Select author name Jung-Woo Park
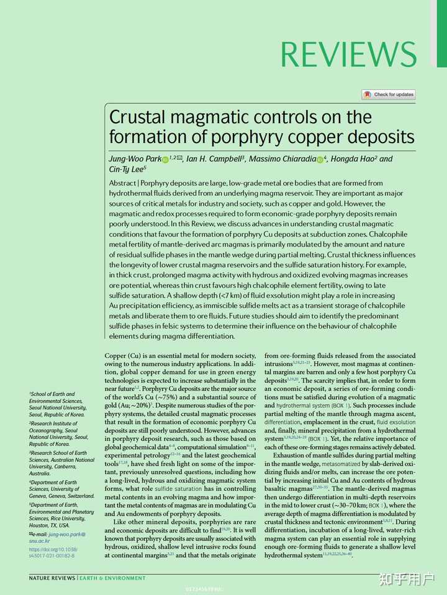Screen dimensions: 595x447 click(x=135, y=159)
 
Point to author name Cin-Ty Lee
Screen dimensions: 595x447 click(x=127, y=169)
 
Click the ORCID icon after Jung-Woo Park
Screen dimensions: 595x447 click(x=165, y=160)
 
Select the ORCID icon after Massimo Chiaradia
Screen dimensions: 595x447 click(x=320, y=160)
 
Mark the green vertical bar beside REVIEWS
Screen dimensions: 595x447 click(x=441, y=33)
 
